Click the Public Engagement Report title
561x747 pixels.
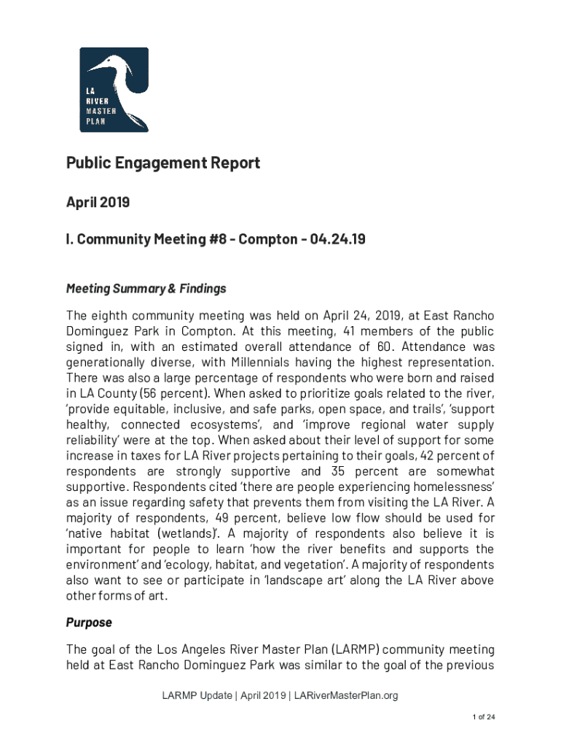click(x=163, y=163)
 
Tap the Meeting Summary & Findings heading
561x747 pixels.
click(x=146, y=289)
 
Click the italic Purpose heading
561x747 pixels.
click(x=89, y=622)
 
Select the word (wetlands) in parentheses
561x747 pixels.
click(x=189, y=533)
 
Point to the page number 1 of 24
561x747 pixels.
click(x=482, y=717)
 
